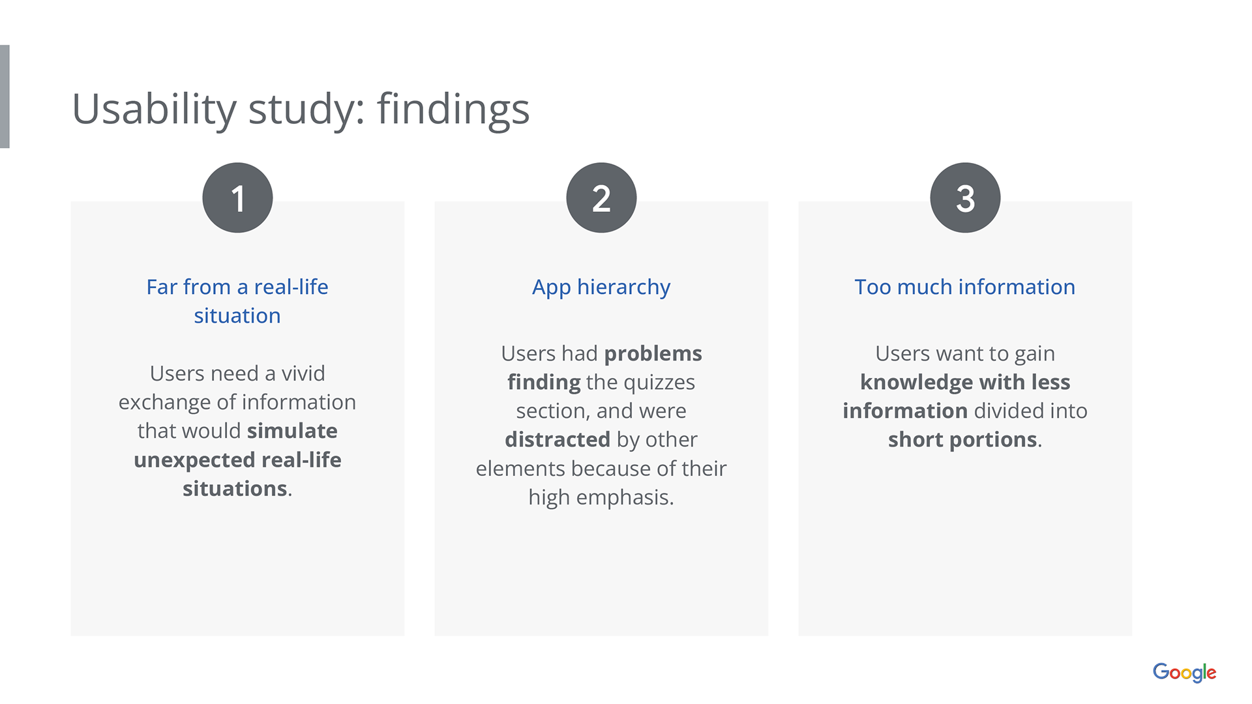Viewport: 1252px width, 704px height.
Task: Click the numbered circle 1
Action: click(237, 198)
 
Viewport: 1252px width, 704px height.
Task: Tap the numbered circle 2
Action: click(601, 198)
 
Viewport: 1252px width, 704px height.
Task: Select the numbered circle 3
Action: click(965, 198)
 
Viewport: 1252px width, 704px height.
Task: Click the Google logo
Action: click(1184, 672)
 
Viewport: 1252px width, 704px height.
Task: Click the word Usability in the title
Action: click(154, 110)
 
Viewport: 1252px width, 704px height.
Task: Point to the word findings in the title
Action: click(453, 110)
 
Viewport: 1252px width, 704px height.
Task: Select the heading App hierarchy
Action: click(601, 287)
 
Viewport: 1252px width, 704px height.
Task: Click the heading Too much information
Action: click(965, 287)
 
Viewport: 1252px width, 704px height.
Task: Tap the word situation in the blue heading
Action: click(237, 315)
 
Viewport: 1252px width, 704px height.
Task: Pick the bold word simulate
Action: click(292, 431)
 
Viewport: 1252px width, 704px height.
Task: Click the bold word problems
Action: click(653, 354)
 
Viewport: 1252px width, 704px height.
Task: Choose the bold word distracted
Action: click(558, 439)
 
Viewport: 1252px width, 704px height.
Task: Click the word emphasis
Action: click(625, 498)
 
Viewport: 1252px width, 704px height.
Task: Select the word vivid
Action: click(303, 374)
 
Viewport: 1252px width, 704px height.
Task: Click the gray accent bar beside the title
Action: click(5, 96)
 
